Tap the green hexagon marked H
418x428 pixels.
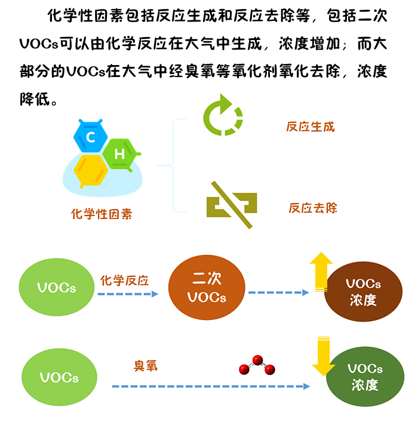[x=120, y=153]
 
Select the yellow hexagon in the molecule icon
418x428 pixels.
[x=91, y=169]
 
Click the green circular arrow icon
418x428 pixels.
[x=223, y=114]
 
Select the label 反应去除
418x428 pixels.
[x=312, y=208]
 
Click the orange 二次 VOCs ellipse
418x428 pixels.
[x=207, y=288]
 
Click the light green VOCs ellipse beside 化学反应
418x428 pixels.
[x=57, y=288]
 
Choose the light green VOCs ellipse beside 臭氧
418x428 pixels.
[x=59, y=377]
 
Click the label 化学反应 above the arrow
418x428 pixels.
[x=124, y=280]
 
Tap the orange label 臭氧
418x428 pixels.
[x=146, y=365]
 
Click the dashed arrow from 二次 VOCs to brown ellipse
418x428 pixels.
[x=278, y=292]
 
